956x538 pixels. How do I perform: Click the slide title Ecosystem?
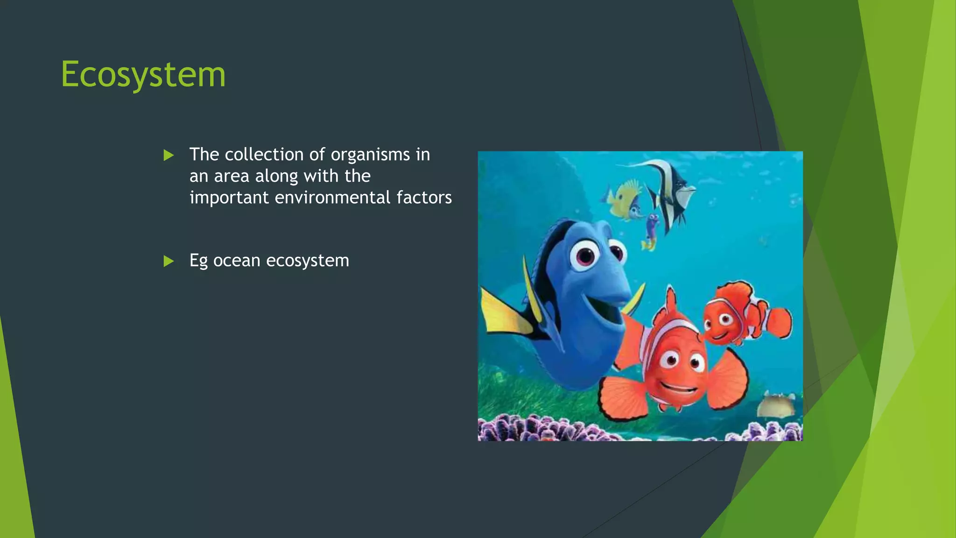[x=143, y=75]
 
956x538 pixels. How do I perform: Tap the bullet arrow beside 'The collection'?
[x=169, y=155]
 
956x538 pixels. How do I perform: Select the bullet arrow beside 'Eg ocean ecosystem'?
[x=169, y=261]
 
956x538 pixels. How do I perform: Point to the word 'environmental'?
[x=333, y=198]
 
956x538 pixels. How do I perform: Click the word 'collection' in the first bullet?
[x=264, y=155]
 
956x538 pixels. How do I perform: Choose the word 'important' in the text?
[x=229, y=198]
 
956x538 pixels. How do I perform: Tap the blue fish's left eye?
[x=584, y=255]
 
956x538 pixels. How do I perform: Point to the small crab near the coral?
[x=777, y=404]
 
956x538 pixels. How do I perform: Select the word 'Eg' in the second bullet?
[x=198, y=261]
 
